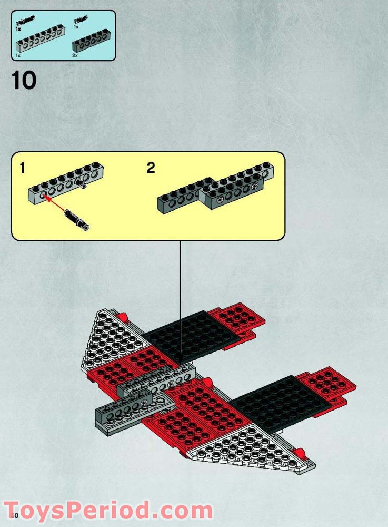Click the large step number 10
tap(24, 80)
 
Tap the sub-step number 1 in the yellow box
tap(22, 169)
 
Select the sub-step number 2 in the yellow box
tap(151, 169)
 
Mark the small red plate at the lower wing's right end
tap(326, 382)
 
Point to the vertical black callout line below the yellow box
tap(181, 295)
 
